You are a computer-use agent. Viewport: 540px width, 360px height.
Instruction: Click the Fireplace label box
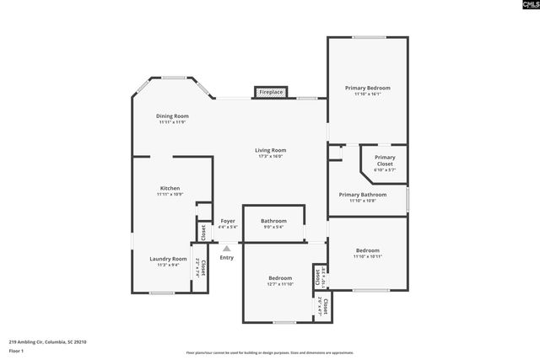click(271, 91)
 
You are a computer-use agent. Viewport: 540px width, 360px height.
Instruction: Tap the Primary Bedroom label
click(368, 88)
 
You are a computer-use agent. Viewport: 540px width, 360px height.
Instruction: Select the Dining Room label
click(172, 116)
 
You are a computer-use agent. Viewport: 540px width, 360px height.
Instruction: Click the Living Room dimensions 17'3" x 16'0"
click(270, 156)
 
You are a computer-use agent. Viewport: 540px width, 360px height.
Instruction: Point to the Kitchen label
click(170, 188)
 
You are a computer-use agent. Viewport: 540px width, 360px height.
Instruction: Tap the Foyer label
click(228, 221)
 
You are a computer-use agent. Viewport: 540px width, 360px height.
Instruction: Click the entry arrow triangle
click(226, 248)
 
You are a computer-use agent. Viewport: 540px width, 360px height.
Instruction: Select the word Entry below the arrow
click(226, 257)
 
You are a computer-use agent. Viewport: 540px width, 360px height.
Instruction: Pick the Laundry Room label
click(168, 259)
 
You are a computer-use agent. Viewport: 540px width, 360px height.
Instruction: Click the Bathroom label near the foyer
click(273, 221)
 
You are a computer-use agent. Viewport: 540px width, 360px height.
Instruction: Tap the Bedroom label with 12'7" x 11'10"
click(280, 278)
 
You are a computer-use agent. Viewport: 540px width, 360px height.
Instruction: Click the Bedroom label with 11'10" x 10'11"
click(367, 250)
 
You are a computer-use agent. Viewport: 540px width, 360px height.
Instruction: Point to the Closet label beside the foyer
click(202, 230)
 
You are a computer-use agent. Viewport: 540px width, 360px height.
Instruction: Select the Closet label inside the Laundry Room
click(202, 268)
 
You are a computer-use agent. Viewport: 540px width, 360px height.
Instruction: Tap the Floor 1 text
click(16, 352)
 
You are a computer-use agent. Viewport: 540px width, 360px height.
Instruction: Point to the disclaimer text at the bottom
click(270, 353)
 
